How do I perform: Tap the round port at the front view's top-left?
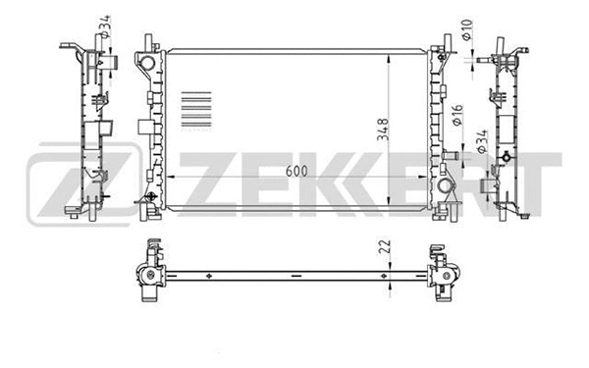click(148, 64)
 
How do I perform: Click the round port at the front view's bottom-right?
click(446, 185)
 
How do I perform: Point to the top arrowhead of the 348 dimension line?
click(393, 48)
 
